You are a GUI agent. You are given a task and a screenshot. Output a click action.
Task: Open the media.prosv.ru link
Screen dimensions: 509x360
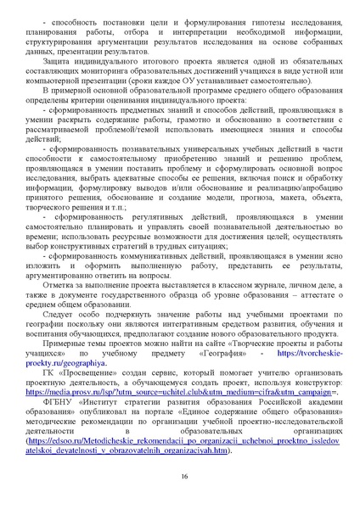coord(179,395)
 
